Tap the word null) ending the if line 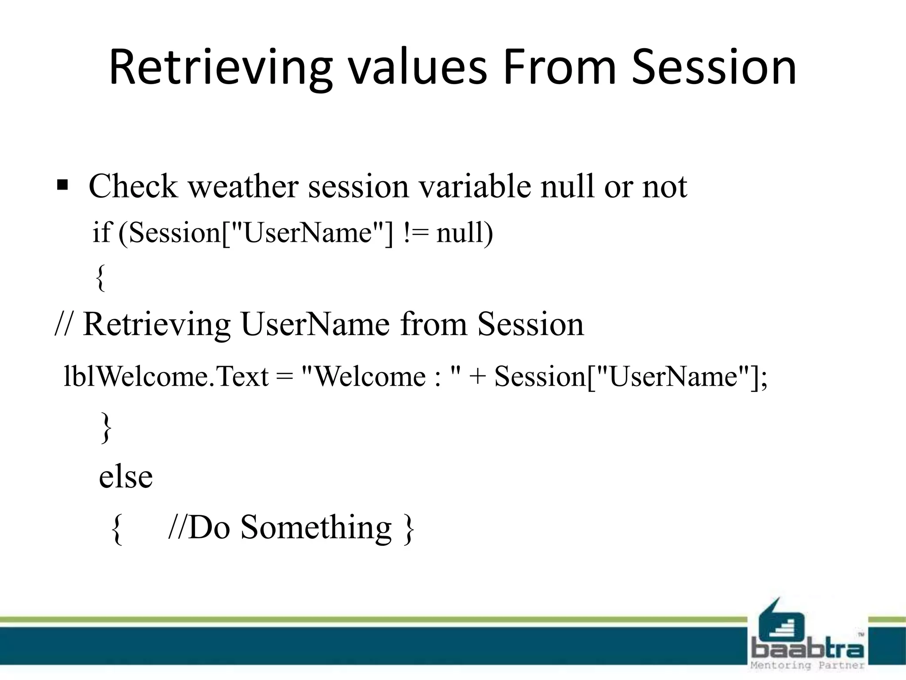[464, 233]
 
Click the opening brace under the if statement [100, 278]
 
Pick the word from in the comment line [433, 325]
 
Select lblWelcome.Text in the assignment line [166, 377]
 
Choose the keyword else [126, 477]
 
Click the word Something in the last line [316, 527]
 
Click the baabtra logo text [807, 649]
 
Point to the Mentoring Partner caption [807, 665]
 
